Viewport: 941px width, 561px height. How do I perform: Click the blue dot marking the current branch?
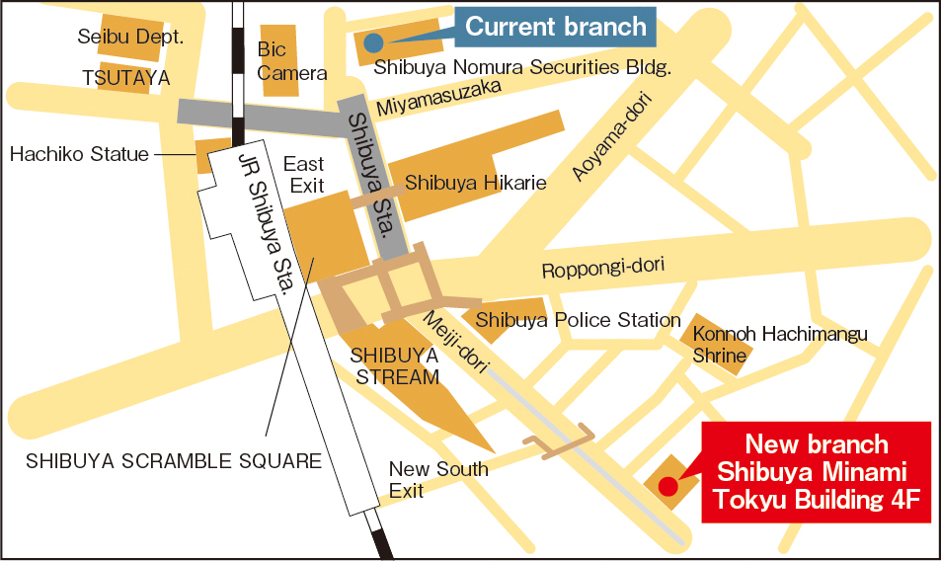coord(372,41)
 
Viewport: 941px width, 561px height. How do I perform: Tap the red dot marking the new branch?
coord(667,486)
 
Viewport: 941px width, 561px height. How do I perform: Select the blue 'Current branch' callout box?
coord(556,27)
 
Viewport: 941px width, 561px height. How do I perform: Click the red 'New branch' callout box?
coord(816,472)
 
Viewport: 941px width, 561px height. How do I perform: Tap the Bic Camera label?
coord(291,61)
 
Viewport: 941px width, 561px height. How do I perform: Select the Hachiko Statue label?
coord(79,154)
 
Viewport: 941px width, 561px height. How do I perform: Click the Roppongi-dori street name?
coord(603,268)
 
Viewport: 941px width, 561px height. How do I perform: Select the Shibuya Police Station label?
coord(578,320)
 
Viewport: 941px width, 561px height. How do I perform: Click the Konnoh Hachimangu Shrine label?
coord(779,345)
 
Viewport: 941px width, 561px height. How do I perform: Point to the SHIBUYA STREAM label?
coord(394,365)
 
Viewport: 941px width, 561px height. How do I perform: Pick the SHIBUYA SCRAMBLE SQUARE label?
coord(174,460)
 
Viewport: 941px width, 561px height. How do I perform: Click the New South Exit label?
coord(437,479)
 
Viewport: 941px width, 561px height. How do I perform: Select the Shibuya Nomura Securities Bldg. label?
coord(522,68)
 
